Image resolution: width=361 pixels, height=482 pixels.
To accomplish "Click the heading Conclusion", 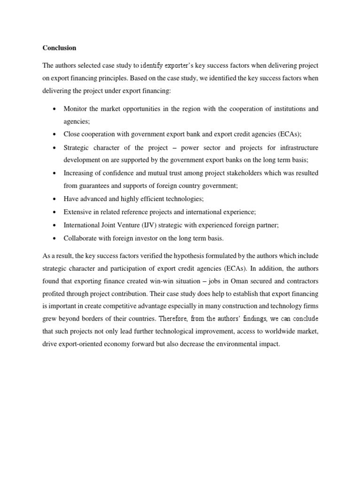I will pyautogui.click(x=59, y=48).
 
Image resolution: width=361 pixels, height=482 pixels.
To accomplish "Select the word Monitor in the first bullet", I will pyautogui.click(x=75, y=109).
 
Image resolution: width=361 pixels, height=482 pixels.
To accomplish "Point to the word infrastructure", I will pyautogui.click(x=296, y=147).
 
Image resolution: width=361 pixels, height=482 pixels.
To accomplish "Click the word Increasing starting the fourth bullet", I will pyautogui.click(x=78, y=173).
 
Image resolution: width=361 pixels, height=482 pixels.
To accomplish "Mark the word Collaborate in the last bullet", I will pyautogui.click(x=79, y=238).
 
